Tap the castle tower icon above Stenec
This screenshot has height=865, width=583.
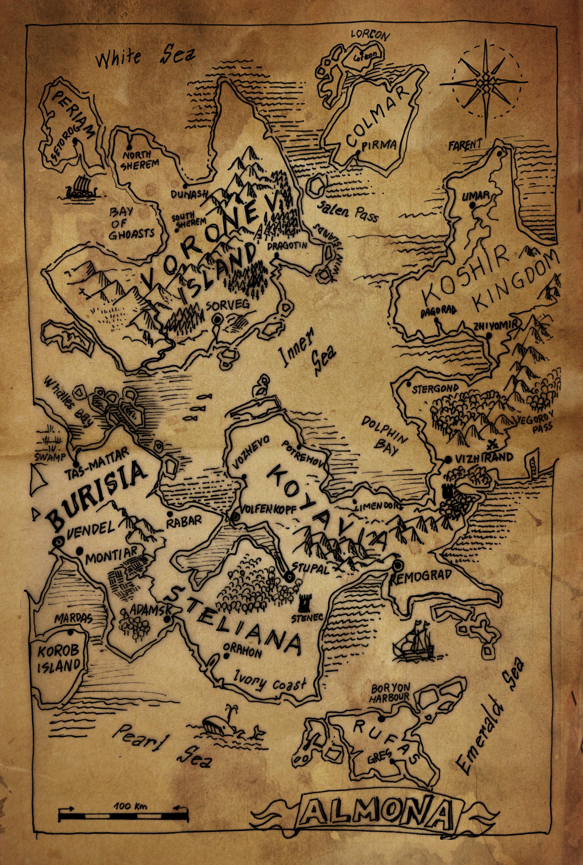coord(306,602)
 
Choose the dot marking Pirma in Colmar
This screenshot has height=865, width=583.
coord(358,152)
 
